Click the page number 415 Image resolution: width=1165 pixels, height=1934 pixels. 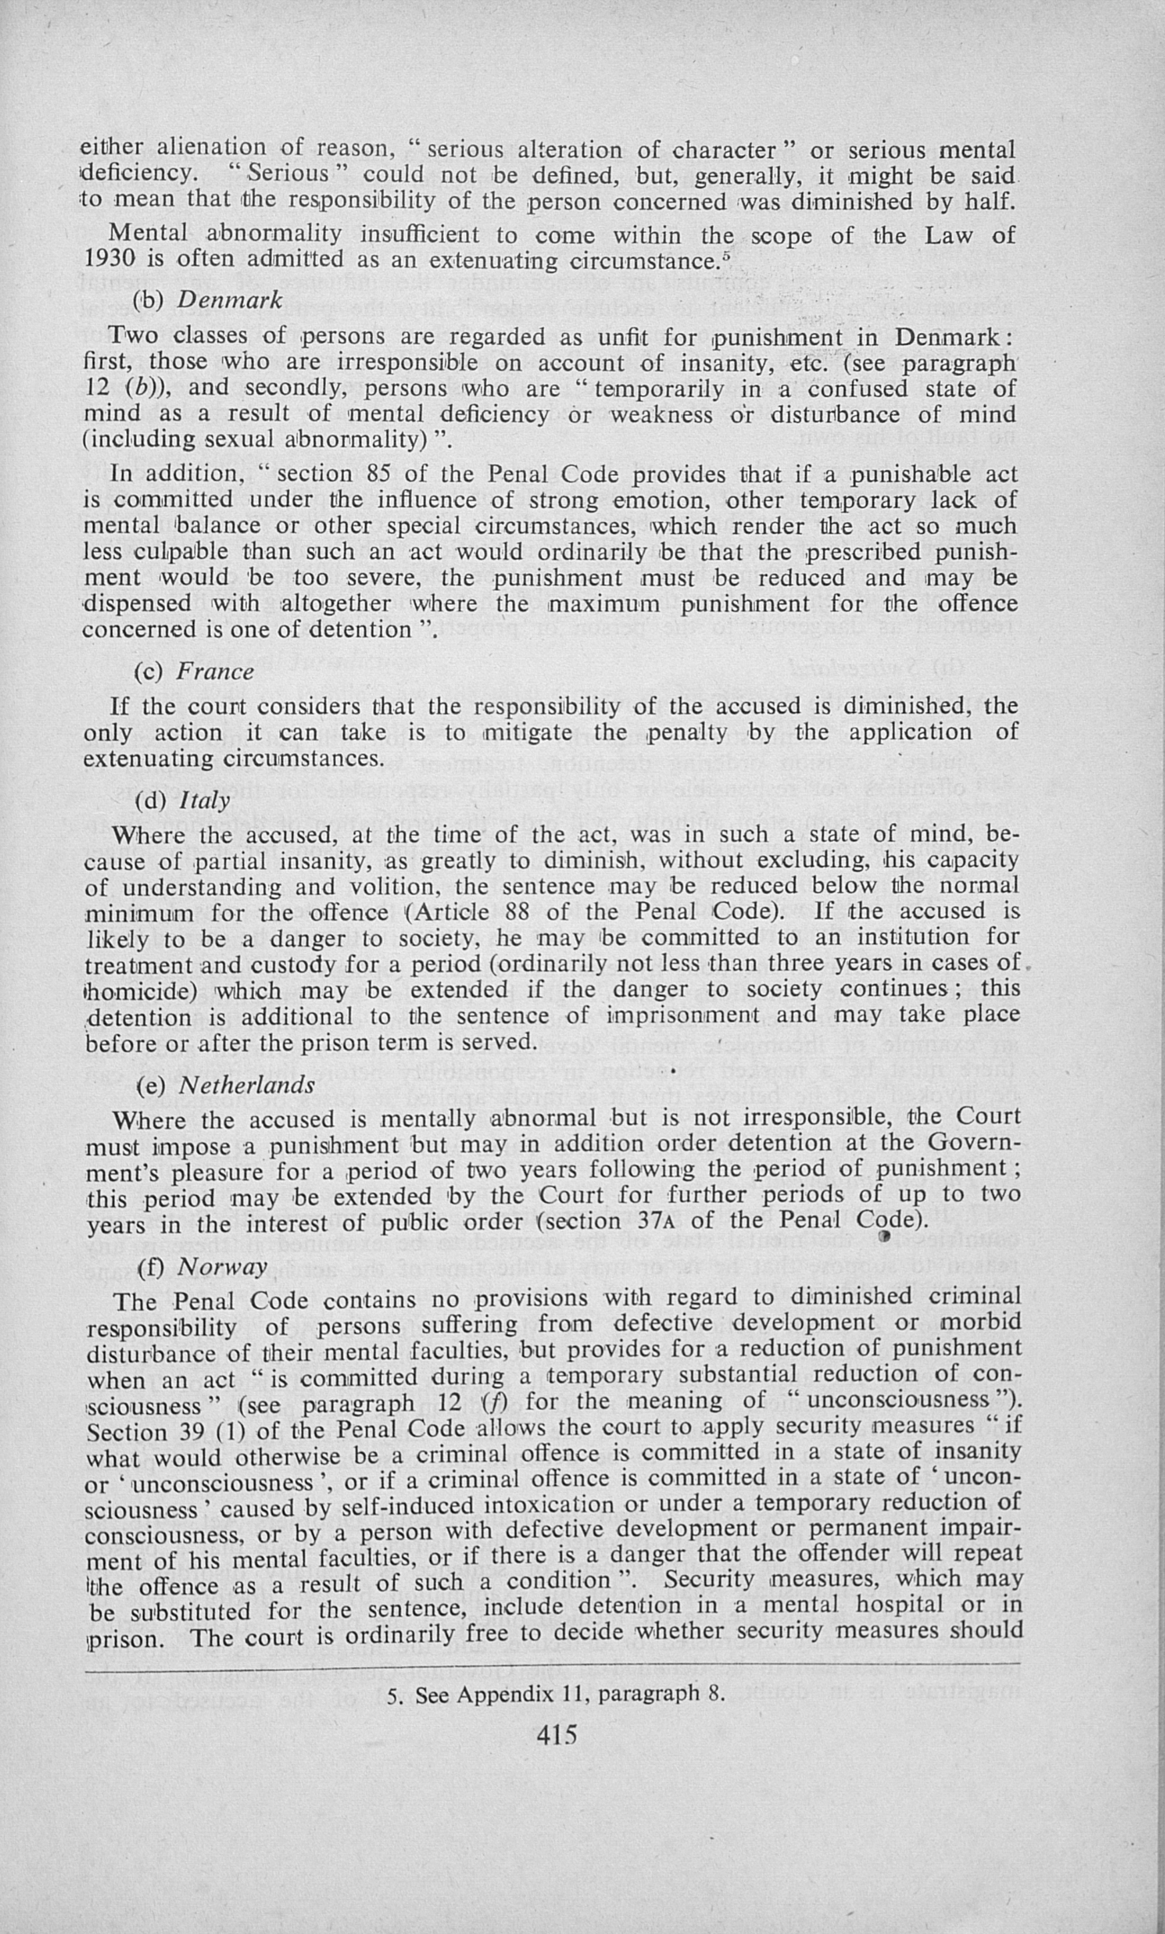point(557,1733)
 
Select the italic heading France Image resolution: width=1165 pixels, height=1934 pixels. point(215,671)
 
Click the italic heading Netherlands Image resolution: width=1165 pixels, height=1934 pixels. point(246,1085)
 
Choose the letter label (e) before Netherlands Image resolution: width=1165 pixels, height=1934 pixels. point(150,1085)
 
